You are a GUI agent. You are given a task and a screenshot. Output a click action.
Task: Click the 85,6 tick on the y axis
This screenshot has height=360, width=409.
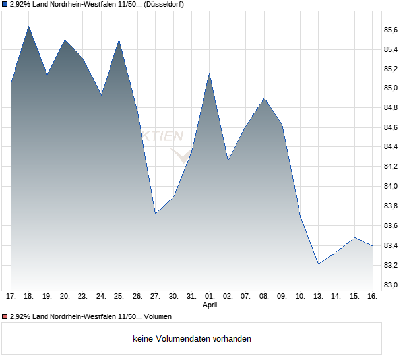pyautogui.click(x=391, y=30)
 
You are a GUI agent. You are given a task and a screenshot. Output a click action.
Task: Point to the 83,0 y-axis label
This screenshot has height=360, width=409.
pyautogui.click(x=391, y=285)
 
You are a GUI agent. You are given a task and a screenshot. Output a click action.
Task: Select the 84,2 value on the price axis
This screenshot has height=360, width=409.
pyautogui.click(x=391, y=166)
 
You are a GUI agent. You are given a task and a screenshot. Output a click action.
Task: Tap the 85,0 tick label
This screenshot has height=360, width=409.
pyautogui.click(x=391, y=88)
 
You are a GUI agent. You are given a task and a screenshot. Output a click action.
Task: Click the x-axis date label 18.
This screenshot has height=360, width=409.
pyautogui.click(x=29, y=296)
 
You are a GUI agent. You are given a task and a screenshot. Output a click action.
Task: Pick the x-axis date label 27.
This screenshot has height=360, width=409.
pyautogui.click(x=155, y=296)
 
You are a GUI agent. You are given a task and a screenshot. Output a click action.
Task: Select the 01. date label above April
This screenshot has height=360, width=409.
pyautogui.click(x=209, y=296)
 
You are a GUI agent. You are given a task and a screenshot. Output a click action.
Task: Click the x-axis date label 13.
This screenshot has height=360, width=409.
pyautogui.click(x=318, y=296)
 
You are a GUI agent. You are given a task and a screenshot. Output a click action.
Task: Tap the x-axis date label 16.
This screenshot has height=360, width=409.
pyautogui.click(x=372, y=296)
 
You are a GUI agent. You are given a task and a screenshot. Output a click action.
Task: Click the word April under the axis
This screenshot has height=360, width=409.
pyautogui.click(x=209, y=305)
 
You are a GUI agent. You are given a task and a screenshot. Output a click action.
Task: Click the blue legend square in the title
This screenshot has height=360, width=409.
pyautogui.click(x=5, y=5)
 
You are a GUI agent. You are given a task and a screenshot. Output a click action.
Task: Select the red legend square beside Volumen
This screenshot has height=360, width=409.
pyautogui.click(x=5, y=316)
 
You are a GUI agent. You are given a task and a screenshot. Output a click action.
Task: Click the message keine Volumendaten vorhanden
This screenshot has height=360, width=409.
pyautogui.click(x=191, y=338)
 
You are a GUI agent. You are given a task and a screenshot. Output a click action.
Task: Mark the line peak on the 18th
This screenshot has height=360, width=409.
pyautogui.click(x=29, y=26)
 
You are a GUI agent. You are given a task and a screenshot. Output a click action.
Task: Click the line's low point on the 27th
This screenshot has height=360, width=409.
pyautogui.click(x=155, y=214)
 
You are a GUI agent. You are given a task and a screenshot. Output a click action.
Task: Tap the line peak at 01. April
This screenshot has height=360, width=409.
pyautogui.click(x=209, y=73)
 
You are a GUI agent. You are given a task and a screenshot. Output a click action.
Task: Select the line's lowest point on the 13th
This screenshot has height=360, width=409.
pyautogui.click(x=318, y=264)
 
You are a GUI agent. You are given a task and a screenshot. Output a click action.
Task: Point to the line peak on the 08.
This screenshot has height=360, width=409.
pyautogui.click(x=264, y=98)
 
